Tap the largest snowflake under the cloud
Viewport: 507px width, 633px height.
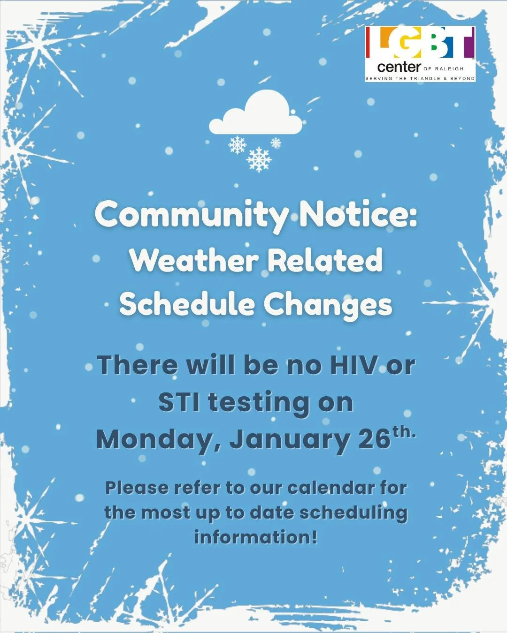click(259, 159)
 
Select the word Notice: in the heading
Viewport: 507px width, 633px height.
click(358, 214)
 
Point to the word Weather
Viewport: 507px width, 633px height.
click(194, 260)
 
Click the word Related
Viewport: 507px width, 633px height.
click(325, 260)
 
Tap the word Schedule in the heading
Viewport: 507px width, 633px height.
click(187, 304)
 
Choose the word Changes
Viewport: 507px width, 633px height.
click(328, 305)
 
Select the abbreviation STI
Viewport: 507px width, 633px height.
click(180, 402)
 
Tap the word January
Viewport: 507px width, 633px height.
click(290, 440)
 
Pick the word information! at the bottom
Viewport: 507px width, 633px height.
click(256, 537)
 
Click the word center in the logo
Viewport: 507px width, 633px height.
click(399, 68)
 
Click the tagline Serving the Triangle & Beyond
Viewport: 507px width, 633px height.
click(420, 78)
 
